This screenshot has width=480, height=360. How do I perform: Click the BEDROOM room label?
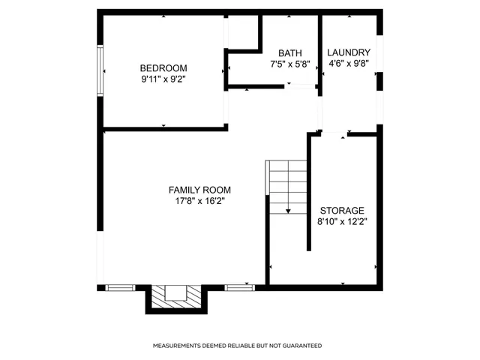pyautogui.click(x=163, y=67)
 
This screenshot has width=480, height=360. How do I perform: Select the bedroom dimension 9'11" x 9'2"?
pyautogui.click(x=163, y=78)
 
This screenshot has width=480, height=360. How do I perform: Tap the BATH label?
pyautogui.click(x=290, y=53)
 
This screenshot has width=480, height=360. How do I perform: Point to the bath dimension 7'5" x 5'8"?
pyautogui.click(x=290, y=64)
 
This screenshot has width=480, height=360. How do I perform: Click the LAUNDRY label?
pyautogui.click(x=349, y=52)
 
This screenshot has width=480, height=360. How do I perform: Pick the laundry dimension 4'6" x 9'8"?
pyautogui.click(x=349, y=64)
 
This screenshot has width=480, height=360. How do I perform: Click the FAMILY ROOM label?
pyautogui.click(x=199, y=190)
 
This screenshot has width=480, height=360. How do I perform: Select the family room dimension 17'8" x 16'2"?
pyautogui.click(x=199, y=201)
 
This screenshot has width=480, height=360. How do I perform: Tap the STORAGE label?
pyautogui.click(x=342, y=211)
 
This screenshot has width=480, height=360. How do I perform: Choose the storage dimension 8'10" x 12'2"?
pyautogui.click(x=342, y=222)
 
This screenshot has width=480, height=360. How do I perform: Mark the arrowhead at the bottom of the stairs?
pyautogui.click(x=289, y=212)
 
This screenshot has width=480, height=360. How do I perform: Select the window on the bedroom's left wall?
pyautogui.click(x=100, y=70)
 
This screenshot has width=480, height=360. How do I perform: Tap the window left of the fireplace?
pyautogui.click(x=120, y=287)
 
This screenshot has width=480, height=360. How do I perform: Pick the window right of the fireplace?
pyautogui.click(x=239, y=287)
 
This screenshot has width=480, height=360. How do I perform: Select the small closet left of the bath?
pyautogui.click(x=242, y=31)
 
